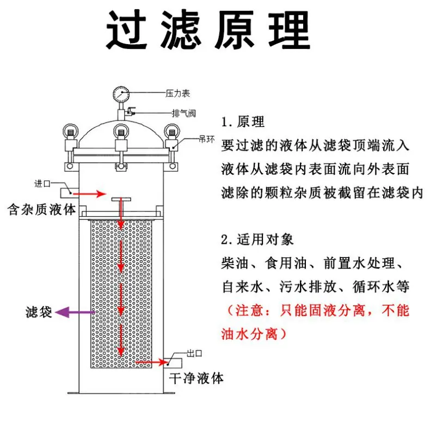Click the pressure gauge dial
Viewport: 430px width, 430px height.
click(x=121, y=94)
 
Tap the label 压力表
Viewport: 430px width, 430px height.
click(x=177, y=94)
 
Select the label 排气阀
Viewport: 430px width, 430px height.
click(x=184, y=113)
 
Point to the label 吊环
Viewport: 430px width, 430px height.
click(x=206, y=139)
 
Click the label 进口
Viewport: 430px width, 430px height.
click(x=42, y=183)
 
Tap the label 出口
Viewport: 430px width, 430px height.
click(x=194, y=353)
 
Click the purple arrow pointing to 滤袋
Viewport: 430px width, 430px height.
click(x=75, y=312)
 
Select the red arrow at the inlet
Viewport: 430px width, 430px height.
click(x=89, y=194)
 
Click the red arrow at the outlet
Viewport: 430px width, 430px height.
click(x=152, y=363)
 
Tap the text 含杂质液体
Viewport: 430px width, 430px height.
click(x=41, y=210)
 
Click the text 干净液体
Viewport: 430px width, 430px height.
click(x=196, y=378)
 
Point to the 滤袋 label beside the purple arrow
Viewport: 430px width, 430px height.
click(x=39, y=312)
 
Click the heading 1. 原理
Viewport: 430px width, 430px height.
click(x=243, y=122)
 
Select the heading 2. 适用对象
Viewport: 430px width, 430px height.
click(x=257, y=239)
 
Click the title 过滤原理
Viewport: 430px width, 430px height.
click(x=208, y=29)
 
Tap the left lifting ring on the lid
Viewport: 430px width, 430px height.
click(x=70, y=132)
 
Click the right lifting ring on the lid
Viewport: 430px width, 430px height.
click(x=172, y=132)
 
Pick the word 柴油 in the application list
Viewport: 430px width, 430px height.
click(x=235, y=263)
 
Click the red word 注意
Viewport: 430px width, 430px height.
click(x=249, y=311)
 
